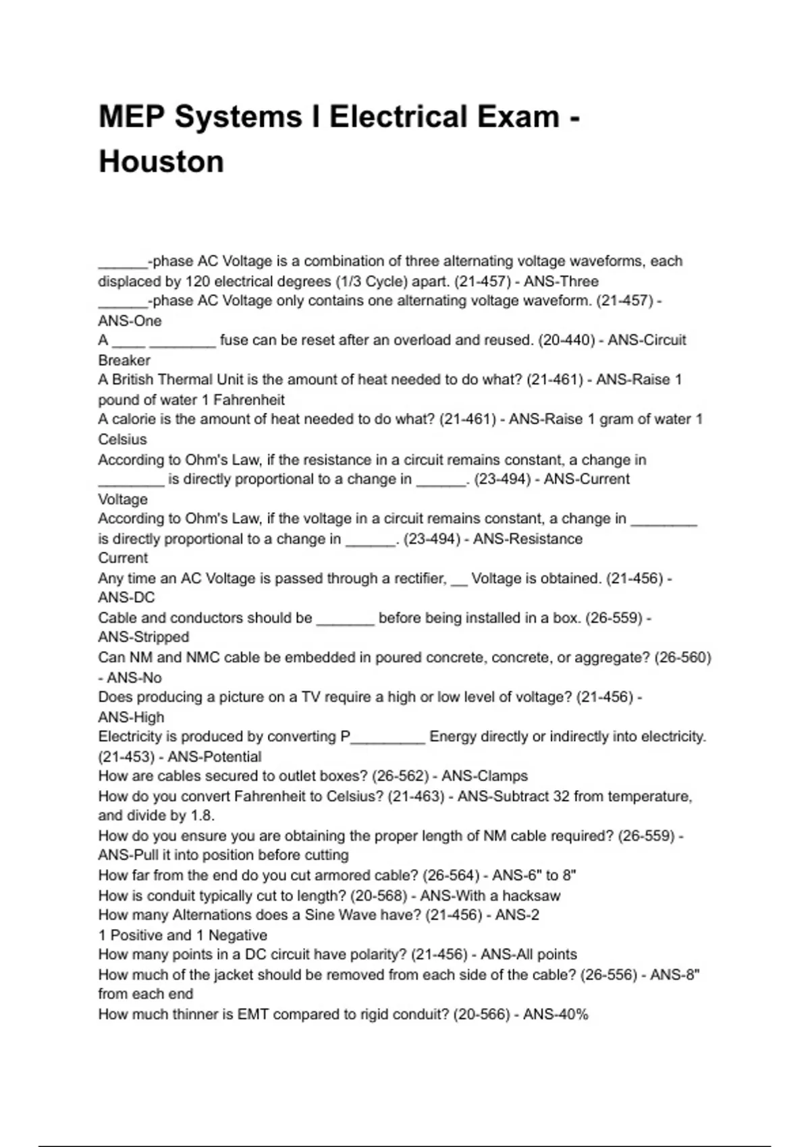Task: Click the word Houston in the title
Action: (161, 162)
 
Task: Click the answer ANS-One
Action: (130, 320)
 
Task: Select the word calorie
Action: (134, 419)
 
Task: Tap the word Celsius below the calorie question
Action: (122, 439)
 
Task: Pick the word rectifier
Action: (416, 578)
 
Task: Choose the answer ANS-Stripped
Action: (144, 637)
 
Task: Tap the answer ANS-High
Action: (131, 717)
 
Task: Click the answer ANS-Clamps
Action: (485, 776)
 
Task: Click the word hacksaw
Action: (531, 895)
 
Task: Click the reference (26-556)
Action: (609, 974)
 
